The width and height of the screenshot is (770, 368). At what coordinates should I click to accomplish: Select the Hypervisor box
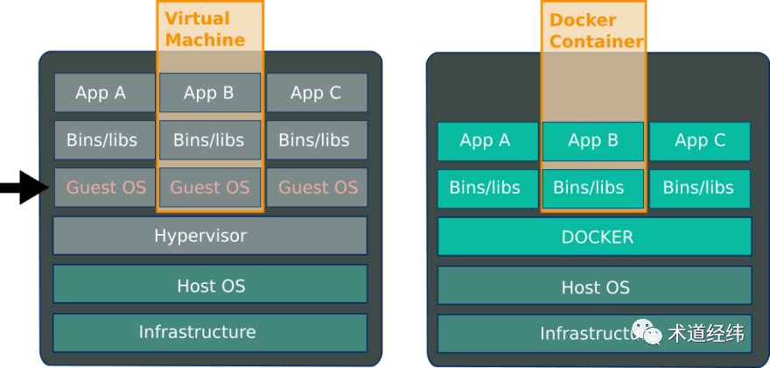(210, 236)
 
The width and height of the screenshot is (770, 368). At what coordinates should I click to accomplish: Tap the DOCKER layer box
(595, 237)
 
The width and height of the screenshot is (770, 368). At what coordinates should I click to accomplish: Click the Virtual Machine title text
(205, 29)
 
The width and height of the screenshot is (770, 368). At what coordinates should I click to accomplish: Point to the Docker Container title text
(597, 31)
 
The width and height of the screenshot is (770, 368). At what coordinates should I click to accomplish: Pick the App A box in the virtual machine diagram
(105, 93)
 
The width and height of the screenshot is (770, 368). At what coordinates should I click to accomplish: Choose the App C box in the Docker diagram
(700, 141)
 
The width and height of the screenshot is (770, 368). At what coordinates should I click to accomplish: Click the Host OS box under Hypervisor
(210, 284)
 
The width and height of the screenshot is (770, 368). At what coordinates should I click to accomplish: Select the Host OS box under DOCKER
(595, 286)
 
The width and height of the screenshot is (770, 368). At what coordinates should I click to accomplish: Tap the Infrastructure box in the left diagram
(210, 333)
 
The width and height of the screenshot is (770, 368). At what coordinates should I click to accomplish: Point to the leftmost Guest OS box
(105, 188)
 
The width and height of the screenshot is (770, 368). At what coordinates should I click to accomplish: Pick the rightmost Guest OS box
(317, 188)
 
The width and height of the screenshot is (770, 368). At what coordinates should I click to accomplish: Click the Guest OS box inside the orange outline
(210, 188)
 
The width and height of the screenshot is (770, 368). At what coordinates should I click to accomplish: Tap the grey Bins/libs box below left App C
(317, 140)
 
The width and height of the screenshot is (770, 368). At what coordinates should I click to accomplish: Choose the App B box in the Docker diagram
(593, 141)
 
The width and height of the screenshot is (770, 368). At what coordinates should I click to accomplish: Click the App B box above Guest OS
(210, 93)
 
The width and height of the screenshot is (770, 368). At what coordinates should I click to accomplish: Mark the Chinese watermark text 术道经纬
(706, 334)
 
